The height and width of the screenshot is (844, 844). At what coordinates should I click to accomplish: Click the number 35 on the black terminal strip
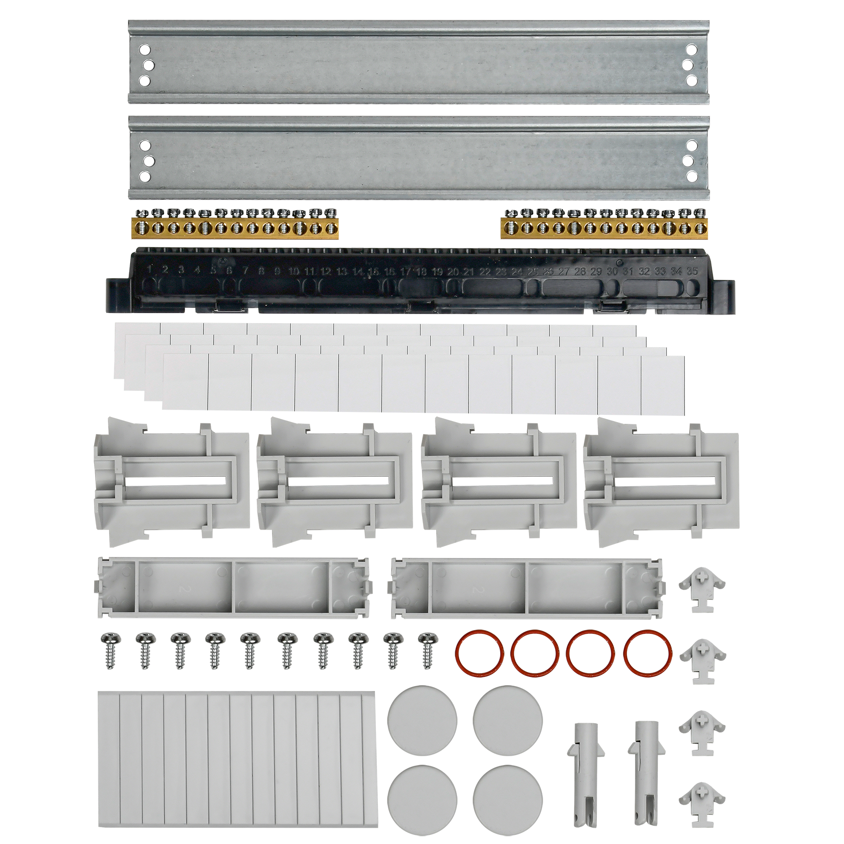point(692,271)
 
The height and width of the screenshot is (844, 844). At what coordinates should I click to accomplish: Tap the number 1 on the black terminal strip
point(150,270)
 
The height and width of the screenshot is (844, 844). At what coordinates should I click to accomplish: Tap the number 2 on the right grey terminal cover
point(476,590)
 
